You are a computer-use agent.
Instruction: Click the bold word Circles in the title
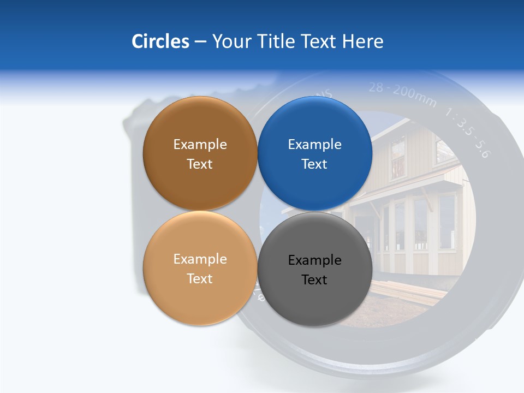(x=160, y=41)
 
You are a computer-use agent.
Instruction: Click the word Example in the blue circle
(x=315, y=145)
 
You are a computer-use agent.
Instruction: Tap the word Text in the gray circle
(x=314, y=280)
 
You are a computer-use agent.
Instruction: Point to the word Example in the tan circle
(x=200, y=259)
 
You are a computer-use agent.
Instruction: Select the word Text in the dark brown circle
(x=200, y=164)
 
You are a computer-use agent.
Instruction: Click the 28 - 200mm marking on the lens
(x=403, y=93)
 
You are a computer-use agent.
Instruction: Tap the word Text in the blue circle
(x=314, y=164)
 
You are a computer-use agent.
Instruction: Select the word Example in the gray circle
(x=315, y=260)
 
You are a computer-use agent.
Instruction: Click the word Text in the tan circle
(x=200, y=279)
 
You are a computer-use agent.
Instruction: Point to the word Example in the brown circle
(x=200, y=145)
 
